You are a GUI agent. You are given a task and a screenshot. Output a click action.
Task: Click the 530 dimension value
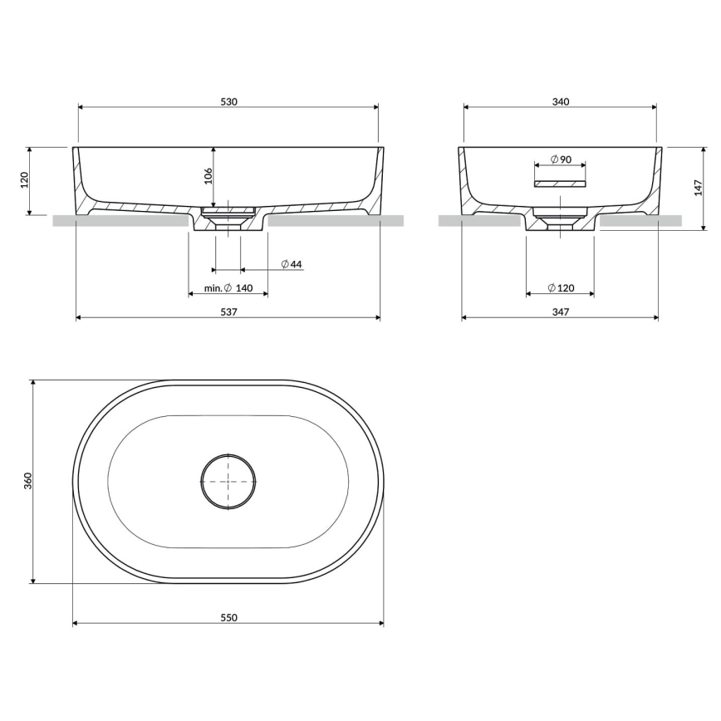point(228,101)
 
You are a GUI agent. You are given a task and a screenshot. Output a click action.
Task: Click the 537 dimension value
point(228,312)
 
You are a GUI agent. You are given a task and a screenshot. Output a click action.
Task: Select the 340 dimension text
point(560,101)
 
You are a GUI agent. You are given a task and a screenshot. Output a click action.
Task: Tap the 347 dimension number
point(560,312)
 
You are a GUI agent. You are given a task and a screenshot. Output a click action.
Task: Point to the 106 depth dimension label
point(208,175)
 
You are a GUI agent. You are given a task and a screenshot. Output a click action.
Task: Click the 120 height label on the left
point(24,180)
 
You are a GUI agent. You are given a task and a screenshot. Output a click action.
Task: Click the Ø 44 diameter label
point(291,264)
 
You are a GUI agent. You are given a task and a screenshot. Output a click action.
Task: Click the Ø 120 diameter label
point(561,288)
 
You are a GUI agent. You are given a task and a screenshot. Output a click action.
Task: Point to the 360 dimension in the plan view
point(27,481)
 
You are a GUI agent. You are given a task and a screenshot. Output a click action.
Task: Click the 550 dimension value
point(228,617)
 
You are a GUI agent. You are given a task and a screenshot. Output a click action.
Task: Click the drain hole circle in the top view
point(228,481)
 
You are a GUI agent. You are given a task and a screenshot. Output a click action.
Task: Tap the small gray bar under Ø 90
point(560,181)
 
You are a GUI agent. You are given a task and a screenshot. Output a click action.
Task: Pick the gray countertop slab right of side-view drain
point(640,221)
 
